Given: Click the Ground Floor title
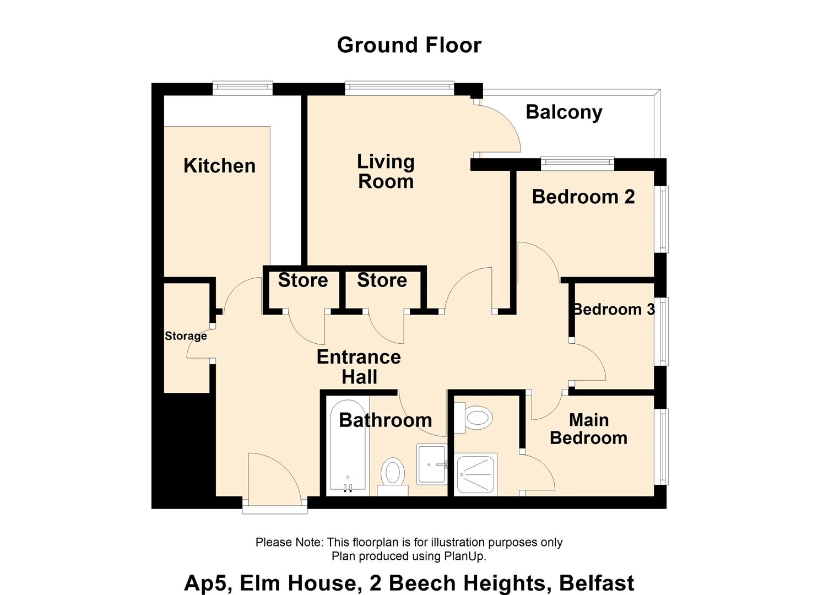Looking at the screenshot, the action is [x=409, y=45].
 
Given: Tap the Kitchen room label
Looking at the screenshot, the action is [x=219, y=166].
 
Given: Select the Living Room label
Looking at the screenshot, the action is [x=386, y=171].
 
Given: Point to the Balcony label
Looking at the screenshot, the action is [x=564, y=112].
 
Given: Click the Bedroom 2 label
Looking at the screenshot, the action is [x=583, y=197].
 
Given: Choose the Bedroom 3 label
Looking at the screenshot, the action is [x=614, y=310].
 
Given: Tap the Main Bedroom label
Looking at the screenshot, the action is [x=589, y=429].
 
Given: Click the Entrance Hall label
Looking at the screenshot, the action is [x=359, y=367].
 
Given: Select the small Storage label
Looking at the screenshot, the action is [x=186, y=336].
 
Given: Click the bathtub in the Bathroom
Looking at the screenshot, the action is [x=347, y=445].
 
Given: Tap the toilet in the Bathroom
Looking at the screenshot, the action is [x=393, y=477].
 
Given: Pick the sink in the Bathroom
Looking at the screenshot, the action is [x=432, y=464].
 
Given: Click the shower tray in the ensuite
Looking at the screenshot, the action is [x=476, y=474].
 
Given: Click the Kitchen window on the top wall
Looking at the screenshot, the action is [x=242, y=88].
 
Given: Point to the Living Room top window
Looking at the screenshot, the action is [x=399, y=88].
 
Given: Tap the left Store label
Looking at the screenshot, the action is [x=303, y=280].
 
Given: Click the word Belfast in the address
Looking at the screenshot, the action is [x=597, y=583].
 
